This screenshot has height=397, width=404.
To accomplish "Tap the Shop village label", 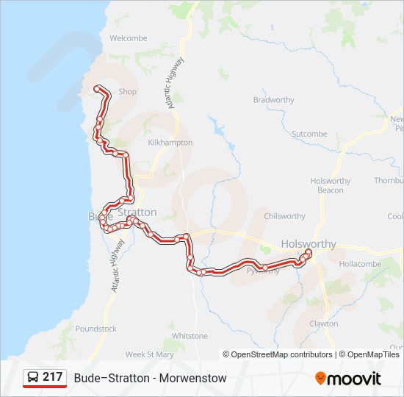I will coord(128,92).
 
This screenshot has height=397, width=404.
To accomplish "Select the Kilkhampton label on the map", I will coord(170,143).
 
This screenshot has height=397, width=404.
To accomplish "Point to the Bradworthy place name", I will coord(273,100).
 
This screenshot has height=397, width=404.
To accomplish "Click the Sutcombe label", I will coord(309,134).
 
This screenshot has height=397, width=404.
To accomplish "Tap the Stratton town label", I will coord(137,212).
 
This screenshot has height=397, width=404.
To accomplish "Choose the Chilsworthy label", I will coord(284,216).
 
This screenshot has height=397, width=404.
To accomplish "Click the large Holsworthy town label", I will coord(309,244).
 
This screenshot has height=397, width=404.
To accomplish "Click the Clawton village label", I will coord(323,323).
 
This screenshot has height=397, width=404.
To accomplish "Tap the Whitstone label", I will coord(190,336).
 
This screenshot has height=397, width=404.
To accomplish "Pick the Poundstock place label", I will coord(95,329).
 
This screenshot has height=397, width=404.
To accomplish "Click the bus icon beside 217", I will coord(32,378).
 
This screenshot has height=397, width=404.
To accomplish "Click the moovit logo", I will coord(348,379).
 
